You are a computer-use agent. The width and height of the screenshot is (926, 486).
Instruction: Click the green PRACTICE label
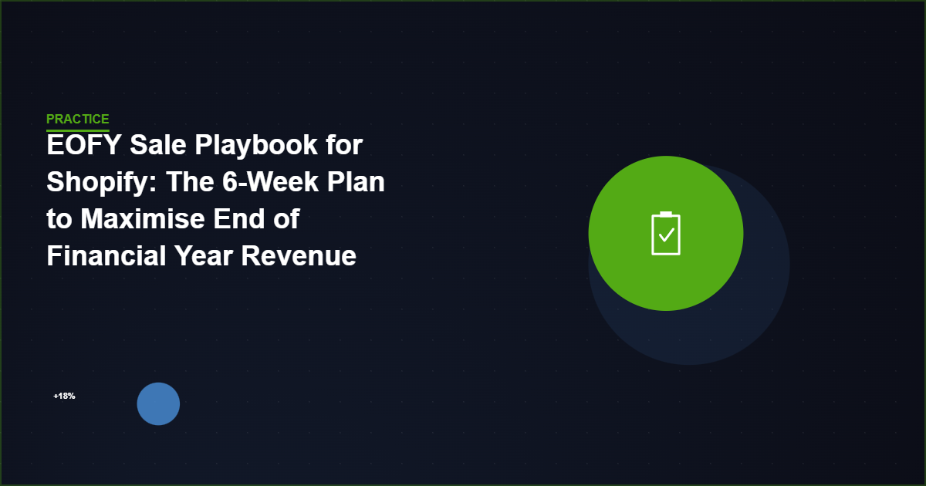pyautogui.click(x=77, y=119)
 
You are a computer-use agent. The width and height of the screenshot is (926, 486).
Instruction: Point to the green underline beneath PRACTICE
pyautogui.click(x=77, y=130)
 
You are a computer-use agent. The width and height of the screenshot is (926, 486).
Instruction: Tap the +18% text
pyautogui.click(x=64, y=397)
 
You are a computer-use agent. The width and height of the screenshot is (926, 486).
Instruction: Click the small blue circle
pyautogui.click(x=158, y=403)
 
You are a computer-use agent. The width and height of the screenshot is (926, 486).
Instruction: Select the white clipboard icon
pyautogui.click(x=666, y=233)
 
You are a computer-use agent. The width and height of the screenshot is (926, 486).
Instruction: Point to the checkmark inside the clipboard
pyautogui.click(x=666, y=235)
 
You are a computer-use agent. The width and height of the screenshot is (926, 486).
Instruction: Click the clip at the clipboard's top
pyautogui.click(x=666, y=214)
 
